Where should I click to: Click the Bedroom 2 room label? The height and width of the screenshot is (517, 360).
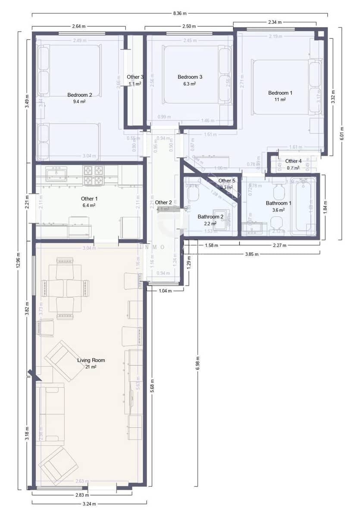tap(80, 95)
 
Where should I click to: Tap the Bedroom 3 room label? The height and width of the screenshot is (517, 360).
tap(190, 77)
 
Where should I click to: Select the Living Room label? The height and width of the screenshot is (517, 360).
tap(91, 360)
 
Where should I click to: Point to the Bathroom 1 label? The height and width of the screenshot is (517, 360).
tap(279, 203)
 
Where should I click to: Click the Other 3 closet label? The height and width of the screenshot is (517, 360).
tap(135, 77)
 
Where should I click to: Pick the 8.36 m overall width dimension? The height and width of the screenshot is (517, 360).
tap(180, 14)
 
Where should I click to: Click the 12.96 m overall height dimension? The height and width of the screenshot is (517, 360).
tap(18, 260)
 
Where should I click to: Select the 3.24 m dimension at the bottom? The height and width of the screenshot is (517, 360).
tap(89, 504)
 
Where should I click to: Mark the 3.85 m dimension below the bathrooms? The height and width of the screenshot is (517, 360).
tap(252, 254)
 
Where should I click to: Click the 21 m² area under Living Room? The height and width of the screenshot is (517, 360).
tap(91, 367)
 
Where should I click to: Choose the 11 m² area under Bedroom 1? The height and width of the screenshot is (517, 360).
tap(280, 100)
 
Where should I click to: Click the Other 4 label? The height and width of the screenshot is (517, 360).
tap(293, 161)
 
